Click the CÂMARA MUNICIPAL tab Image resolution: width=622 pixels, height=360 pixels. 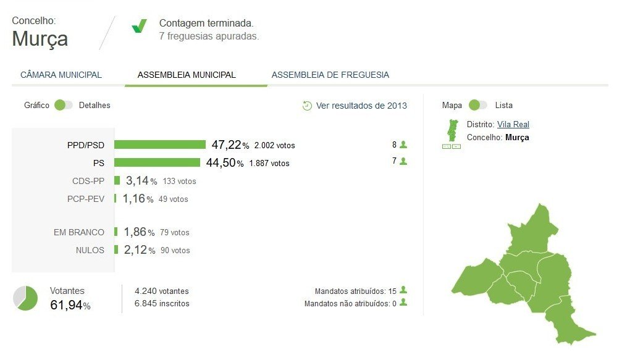click(61, 75)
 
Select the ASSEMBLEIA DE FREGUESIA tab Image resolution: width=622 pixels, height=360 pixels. click(330, 75)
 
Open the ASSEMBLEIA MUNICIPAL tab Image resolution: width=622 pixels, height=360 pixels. click(187, 75)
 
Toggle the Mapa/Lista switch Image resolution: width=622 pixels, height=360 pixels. click(478, 105)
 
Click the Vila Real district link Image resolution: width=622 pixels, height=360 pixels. click(513, 125)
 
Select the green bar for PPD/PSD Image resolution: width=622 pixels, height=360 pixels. click(160, 144)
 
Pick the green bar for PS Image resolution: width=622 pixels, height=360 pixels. click(157, 162)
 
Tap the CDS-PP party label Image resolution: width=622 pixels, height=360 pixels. click(88, 181)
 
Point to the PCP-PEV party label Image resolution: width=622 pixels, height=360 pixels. click(86, 199)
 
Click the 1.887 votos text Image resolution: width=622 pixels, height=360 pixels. click(270, 164)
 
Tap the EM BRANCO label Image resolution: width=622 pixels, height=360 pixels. click(79, 232)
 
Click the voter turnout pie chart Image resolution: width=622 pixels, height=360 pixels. click(25, 298)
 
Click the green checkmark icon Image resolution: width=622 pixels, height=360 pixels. click(139, 26)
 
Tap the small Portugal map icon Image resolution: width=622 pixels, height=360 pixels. click(452, 132)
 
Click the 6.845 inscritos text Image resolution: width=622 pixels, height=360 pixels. click(162, 304)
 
